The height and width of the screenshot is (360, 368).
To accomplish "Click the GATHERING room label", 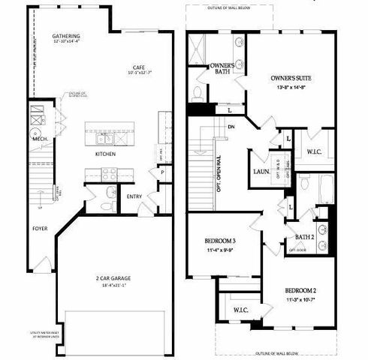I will [x=65, y=36].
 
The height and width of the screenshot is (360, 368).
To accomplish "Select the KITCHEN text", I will [x=104, y=154].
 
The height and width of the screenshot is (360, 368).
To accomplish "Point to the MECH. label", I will [x=40, y=139].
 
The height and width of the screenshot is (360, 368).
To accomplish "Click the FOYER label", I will [x=40, y=227].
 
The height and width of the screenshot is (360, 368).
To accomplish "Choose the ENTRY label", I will [x=134, y=197].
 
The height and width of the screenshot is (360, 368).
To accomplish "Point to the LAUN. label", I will [x=261, y=171].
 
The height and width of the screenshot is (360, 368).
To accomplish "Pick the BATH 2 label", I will [x=304, y=237].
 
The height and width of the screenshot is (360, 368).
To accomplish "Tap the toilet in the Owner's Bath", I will [x=197, y=94].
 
